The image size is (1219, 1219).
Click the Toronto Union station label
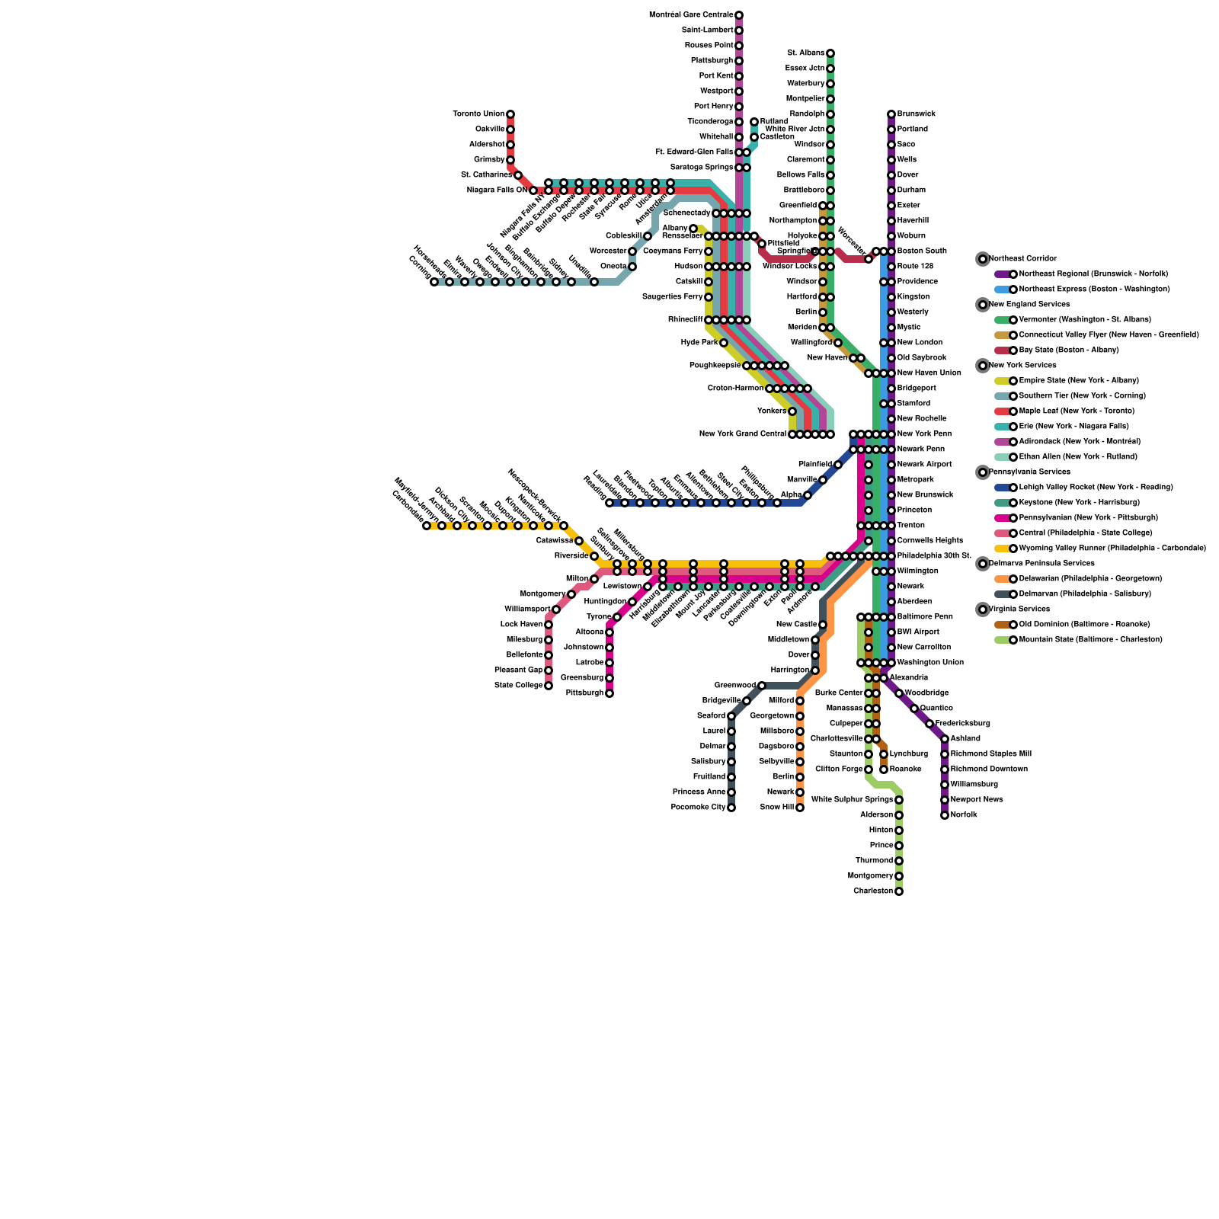[x=478, y=114]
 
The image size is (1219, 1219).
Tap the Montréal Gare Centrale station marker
[x=739, y=15]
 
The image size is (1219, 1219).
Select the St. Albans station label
[x=806, y=53]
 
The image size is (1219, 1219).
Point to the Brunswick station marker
[x=891, y=114]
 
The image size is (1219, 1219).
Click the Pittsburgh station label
[x=586, y=693]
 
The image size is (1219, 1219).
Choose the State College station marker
[x=549, y=686]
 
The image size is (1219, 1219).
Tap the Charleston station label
[x=873, y=891]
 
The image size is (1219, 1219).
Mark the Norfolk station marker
[x=945, y=815]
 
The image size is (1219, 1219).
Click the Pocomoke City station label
[x=699, y=808]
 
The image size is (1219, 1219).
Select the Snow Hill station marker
[x=800, y=808]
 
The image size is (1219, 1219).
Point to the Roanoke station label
[x=906, y=769]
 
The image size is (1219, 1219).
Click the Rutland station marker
[x=754, y=122]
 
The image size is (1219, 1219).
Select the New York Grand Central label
[x=743, y=434]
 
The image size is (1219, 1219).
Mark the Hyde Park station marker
[x=724, y=343]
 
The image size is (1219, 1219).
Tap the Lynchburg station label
[x=909, y=754]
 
